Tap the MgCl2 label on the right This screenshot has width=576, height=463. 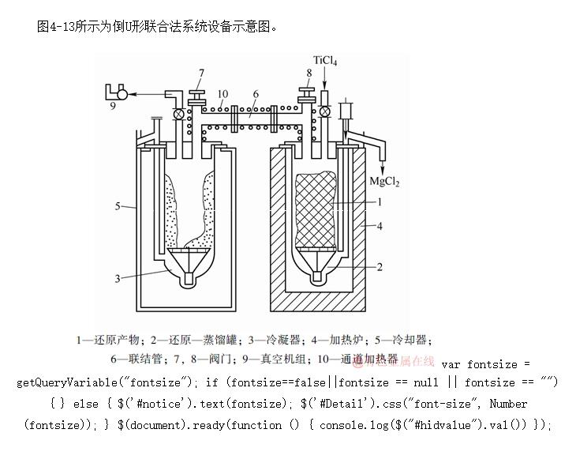tap(384, 182)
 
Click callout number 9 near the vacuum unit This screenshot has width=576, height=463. tap(112, 105)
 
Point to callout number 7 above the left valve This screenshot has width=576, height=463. tap(201, 73)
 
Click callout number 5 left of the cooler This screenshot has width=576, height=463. tap(118, 207)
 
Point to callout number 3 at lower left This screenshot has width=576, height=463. tap(118, 278)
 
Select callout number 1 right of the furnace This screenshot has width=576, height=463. tap(380, 202)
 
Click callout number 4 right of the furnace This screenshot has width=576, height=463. tap(380, 227)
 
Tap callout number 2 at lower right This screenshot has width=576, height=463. tap(380, 267)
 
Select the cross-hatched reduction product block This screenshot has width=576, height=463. tap(315, 209)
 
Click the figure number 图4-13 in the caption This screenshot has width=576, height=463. tap(56, 27)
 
